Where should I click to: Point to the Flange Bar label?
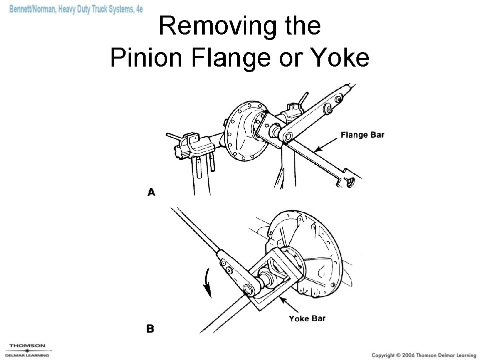(x=362, y=135)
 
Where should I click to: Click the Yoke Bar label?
(x=307, y=318)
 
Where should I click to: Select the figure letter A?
(x=151, y=192)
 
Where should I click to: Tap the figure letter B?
(x=150, y=329)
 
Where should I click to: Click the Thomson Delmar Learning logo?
(x=28, y=350)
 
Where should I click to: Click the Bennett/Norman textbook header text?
(x=76, y=10)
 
